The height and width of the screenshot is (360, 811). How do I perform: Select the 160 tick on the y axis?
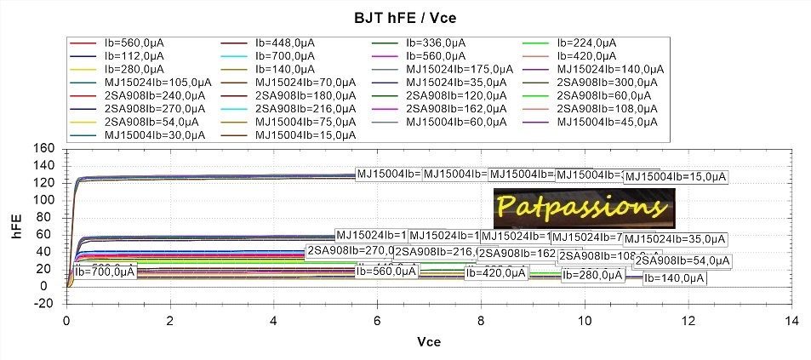[44, 149]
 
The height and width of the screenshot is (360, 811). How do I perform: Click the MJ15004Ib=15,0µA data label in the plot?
[676, 177]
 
